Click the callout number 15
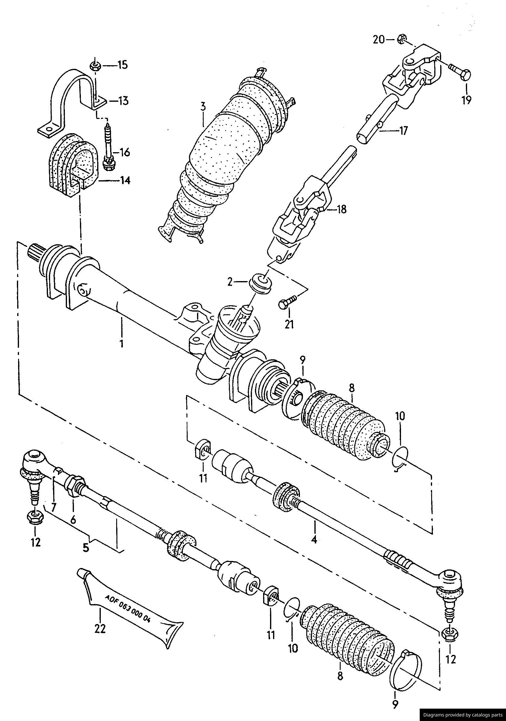click(123, 65)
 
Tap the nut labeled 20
click(400, 39)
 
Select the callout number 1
click(122, 343)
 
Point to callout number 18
click(341, 210)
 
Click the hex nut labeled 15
click(94, 66)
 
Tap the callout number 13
click(123, 101)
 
